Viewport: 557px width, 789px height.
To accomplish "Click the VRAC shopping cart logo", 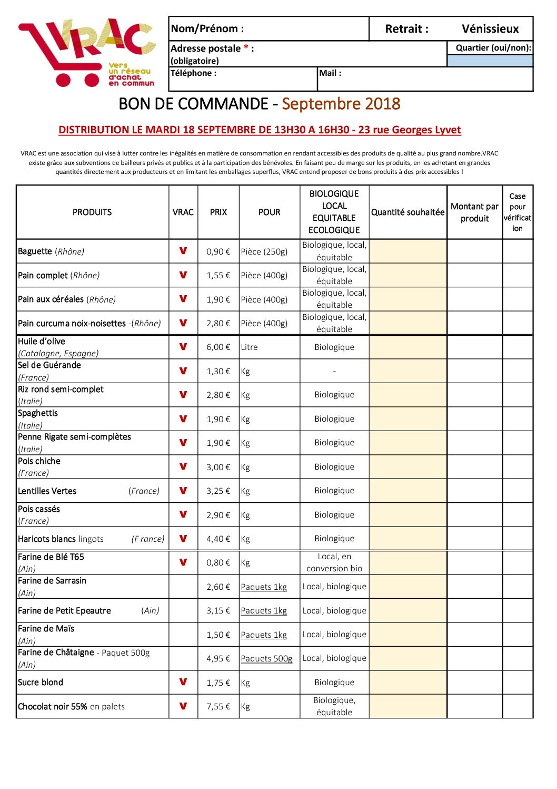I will [x=87, y=53].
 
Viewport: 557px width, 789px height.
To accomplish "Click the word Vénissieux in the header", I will [x=490, y=29].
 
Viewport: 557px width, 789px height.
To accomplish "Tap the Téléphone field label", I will [x=193, y=73].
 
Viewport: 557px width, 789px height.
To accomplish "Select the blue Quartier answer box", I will [x=490, y=61].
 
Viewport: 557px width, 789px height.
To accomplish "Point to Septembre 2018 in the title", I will [x=341, y=104].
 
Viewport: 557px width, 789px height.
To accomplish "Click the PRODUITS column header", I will [x=92, y=212].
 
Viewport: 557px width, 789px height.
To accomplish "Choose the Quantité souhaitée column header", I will [x=408, y=212].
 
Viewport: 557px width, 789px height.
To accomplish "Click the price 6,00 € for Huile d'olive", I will [x=218, y=347].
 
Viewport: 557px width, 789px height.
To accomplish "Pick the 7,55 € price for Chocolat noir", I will [x=218, y=707].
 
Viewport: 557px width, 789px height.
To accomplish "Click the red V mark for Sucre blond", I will [x=183, y=682].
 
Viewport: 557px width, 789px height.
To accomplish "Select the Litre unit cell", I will [x=250, y=347].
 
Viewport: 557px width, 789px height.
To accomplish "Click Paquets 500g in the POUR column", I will [x=266, y=659].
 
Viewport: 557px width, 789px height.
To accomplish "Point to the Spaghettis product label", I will [x=38, y=413].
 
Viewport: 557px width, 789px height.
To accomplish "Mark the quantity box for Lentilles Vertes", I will [x=408, y=491].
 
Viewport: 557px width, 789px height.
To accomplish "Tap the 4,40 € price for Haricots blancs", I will [x=218, y=539].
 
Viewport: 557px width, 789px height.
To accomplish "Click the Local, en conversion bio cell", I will [x=334, y=563].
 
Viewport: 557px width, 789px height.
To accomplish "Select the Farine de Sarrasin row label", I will [x=52, y=581].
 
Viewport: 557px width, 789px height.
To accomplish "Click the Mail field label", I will [x=331, y=73].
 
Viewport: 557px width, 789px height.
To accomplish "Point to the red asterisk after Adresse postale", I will [x=246, y=48].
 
